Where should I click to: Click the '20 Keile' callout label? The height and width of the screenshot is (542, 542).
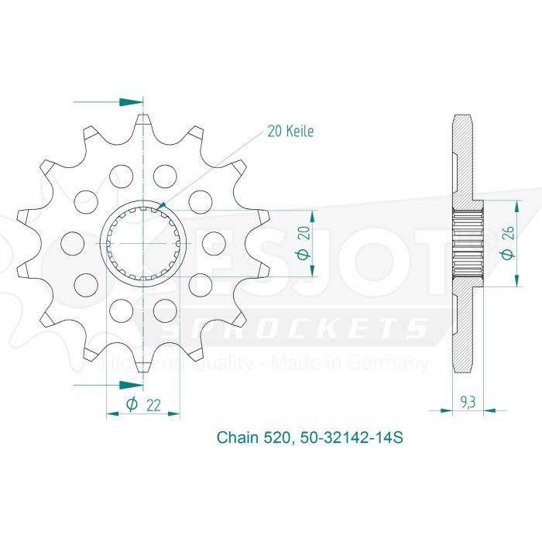[x=290, y=132]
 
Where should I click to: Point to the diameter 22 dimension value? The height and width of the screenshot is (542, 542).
[x=155, y=403]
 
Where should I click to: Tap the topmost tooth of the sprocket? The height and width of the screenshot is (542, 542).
[x=143, y=124]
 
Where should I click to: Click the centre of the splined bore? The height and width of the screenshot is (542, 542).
[x=143, y=242]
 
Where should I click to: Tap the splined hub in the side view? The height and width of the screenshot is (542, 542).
[x=467, y=242]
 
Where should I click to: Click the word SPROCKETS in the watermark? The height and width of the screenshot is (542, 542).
[x=302, y=328]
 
